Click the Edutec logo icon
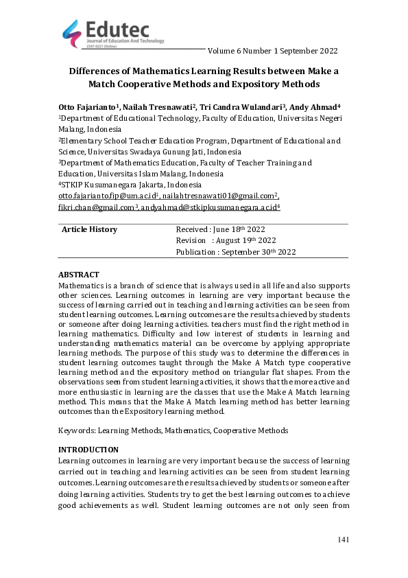click(x=71, y=31)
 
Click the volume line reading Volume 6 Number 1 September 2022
click(x=272, y=51)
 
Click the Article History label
click(x=89, y=229)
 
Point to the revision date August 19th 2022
click(x=245, y=240)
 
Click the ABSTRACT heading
click(x=79, y=275)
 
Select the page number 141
click(x=344, y=540)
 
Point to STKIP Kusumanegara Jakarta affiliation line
click(x=130, y=185)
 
